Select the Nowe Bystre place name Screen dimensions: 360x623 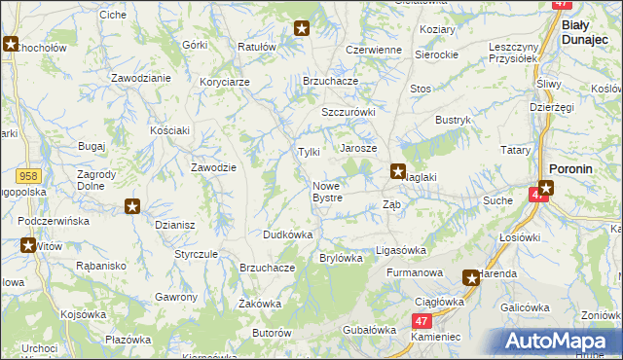(327, 192)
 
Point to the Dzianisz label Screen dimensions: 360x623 (175, 225)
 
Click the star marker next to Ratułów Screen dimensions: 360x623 (302, 29)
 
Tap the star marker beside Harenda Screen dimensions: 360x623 (471, 277)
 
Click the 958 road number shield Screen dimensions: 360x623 (27, 176)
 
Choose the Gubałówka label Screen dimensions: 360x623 (367, 331)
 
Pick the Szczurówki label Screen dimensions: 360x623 (348, 112)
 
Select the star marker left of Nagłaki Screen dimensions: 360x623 (398, 172)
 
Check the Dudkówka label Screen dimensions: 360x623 (287, 234)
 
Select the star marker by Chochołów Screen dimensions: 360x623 (11, 44)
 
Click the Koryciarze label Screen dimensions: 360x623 (224, 82)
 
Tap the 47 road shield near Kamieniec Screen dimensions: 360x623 (421, 320)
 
